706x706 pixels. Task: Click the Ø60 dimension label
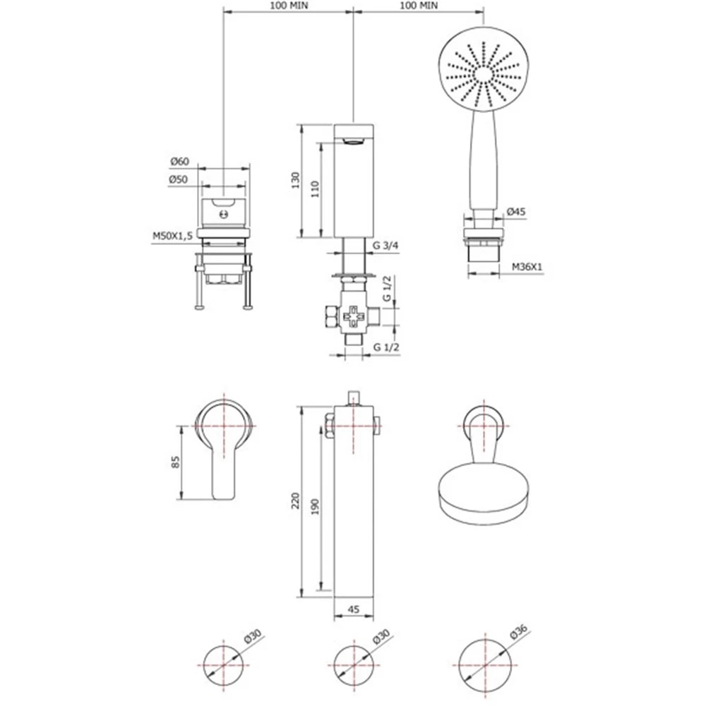[179, 161]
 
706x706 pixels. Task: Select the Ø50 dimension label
[179, 179]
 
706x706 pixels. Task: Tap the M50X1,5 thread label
[172, 236]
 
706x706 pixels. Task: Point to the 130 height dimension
[295, 180]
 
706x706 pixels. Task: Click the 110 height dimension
[315, 189]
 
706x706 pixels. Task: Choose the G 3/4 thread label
[386, 246]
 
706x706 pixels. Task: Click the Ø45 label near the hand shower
[516, 211]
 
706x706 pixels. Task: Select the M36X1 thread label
[527, 267]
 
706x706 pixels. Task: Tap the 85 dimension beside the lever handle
[175, 462]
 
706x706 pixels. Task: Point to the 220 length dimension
[295, 501]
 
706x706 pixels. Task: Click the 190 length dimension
[315, 507]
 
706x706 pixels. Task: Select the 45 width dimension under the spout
[354, 609]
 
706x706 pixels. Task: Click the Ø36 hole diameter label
[519, 631]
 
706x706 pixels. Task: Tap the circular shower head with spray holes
[483, 75]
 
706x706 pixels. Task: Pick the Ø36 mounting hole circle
[485, 666]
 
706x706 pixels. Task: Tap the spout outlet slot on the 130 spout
[354, 142]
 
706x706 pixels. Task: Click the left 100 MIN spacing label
[289, 6]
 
